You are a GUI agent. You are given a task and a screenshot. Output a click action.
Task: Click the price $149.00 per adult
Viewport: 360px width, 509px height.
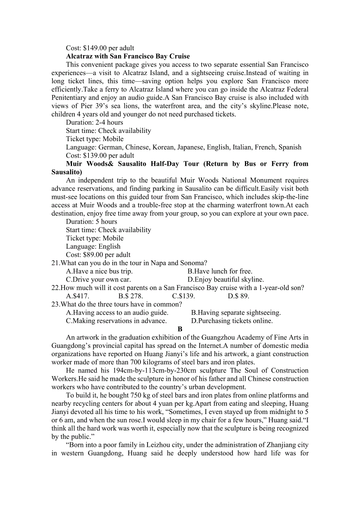point(100,48)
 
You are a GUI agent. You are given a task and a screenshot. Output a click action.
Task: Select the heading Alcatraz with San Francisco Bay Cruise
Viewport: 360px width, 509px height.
point(128,56)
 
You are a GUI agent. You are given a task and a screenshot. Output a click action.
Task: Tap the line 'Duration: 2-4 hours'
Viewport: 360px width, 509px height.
point(94,122)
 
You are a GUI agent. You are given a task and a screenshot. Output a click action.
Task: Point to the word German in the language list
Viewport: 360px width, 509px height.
point(110,147)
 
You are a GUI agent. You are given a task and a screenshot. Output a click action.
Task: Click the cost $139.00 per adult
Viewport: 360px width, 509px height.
point(100,156)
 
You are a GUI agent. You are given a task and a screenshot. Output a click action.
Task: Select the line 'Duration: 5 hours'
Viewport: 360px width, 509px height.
point(91,222)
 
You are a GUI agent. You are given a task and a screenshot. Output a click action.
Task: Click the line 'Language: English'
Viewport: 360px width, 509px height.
point(93,246)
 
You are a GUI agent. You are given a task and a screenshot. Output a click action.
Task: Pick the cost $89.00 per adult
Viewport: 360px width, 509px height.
point(98,254)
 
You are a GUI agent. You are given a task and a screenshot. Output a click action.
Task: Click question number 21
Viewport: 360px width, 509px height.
point(56,263)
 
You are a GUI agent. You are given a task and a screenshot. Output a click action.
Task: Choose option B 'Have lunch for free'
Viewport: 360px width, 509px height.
point(220,271)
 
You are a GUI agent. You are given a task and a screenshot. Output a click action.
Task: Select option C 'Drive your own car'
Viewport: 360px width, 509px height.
point(98,280)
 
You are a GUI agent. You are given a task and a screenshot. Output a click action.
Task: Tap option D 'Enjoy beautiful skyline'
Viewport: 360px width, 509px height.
point(225,280)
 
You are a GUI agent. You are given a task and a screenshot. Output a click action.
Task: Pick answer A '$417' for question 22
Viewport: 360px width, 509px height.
point(77,296)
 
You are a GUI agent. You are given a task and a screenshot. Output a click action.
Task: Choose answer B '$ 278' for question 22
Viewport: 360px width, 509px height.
point(131,296)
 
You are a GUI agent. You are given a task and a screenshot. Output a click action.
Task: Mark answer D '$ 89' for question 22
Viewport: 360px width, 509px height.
point(238,296)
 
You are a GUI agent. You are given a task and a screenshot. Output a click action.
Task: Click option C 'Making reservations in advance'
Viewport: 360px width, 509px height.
point(116,321)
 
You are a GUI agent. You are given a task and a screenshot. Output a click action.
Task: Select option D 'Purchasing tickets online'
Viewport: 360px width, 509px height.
point(232,321)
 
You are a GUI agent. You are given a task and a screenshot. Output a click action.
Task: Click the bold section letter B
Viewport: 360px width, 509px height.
point(180,329)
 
